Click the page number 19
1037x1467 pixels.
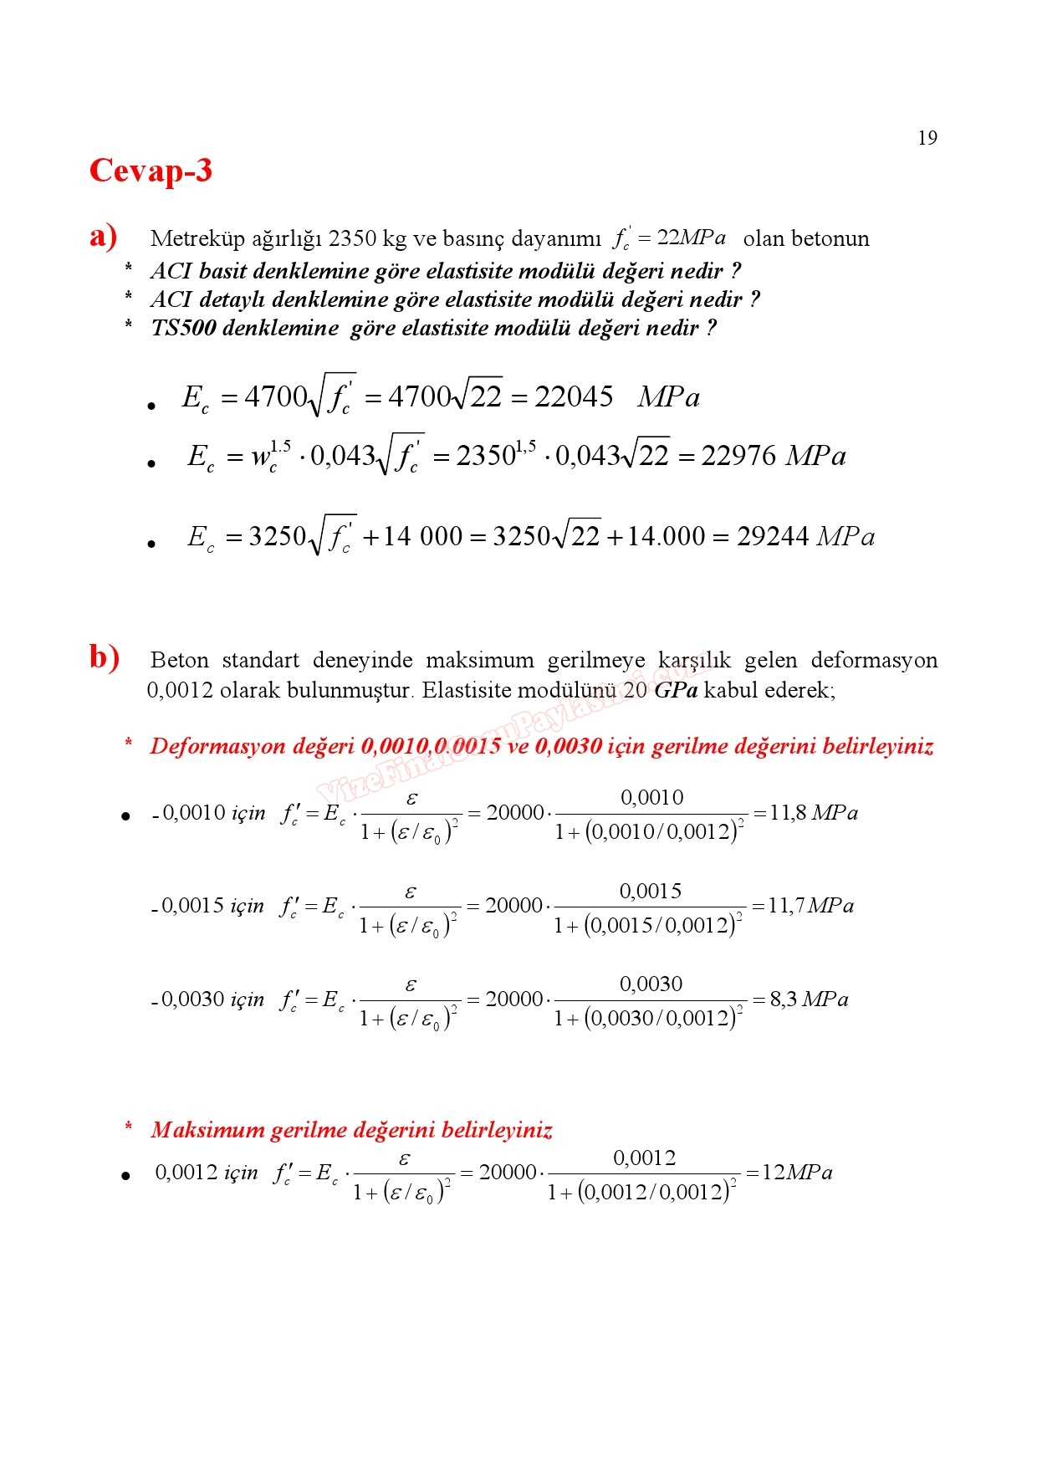pyautogui.click(x=927, y=138)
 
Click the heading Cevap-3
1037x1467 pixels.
pyautogui.click(x=151, y=171)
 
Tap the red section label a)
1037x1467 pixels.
pyautogui.click(x=103, y=236)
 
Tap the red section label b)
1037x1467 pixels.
pyautogui.click(x=105, y=657)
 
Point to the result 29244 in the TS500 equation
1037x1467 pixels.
pyautogui.click(x=773, y=536)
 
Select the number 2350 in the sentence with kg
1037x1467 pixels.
pyautogui.click(x=352, y=239)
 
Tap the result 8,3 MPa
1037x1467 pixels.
pyautogui.click(x=808, y=999)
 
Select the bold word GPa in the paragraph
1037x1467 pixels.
pyautogui.click(x=676, y=691)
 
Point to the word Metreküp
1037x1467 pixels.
pyautogui.click(x=197, y=239)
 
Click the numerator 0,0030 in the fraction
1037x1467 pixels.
pyautogui.click(x=651, y=984)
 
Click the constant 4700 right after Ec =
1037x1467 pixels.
pyautogui.click(x=276, y=396)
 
